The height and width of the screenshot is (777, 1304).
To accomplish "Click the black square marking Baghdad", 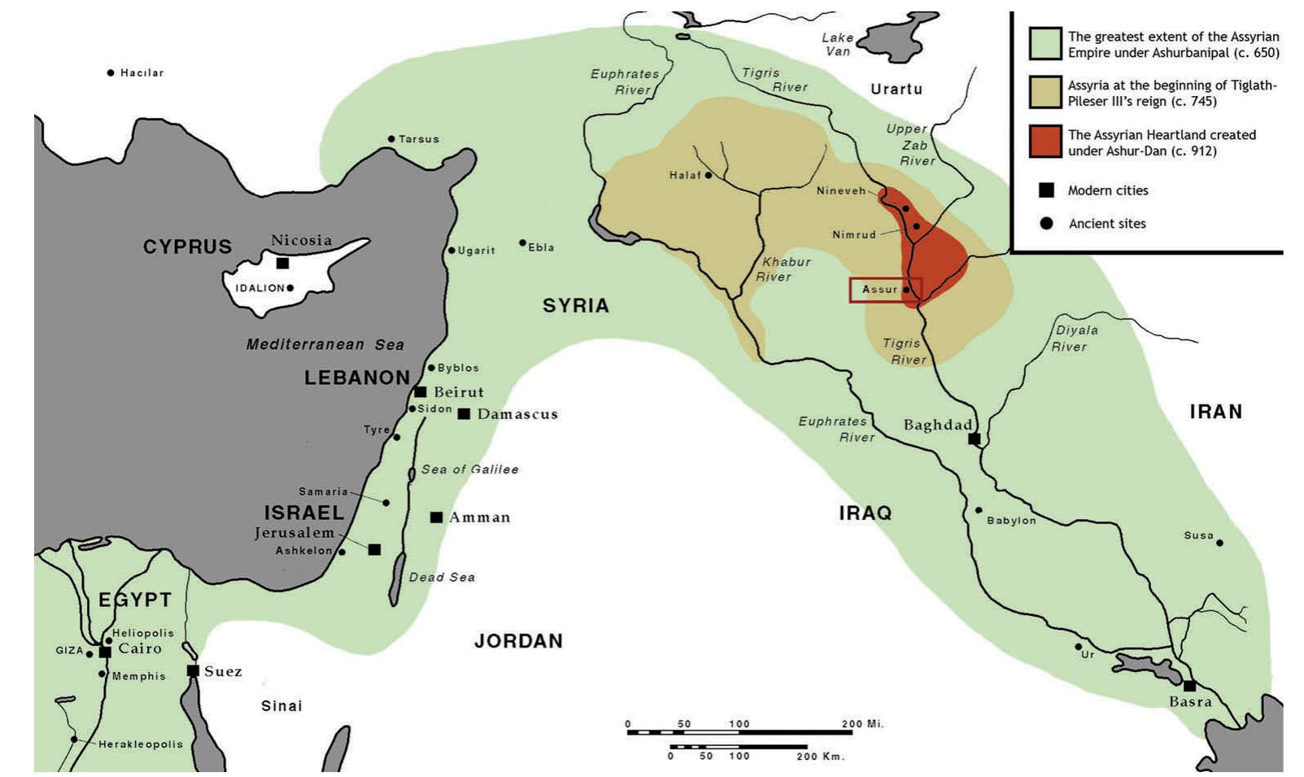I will click(974, 439).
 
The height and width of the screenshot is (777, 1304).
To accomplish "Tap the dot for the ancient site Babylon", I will click(979, 511).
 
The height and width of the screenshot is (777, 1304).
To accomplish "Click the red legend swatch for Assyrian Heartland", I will click(1045, 142).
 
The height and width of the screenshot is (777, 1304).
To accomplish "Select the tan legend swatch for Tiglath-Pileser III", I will click(1045, 93).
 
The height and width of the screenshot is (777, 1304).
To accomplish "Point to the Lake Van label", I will click(837, 44).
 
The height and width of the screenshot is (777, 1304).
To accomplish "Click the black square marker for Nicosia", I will click(282, 264).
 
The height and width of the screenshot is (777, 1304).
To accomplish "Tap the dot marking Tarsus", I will click(391, 139).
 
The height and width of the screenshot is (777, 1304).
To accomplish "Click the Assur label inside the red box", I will click(879, 289).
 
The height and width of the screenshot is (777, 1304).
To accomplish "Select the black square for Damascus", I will click(464, 414).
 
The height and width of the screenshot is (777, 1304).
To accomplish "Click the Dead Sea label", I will click(442, 577).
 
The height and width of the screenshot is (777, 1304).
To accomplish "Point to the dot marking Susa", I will click(1219, 543).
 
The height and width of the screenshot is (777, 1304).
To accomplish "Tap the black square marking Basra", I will click(1189, 686).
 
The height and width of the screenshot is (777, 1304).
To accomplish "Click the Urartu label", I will click(896, 89).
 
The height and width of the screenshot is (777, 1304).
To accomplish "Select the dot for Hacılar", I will click(111, 73).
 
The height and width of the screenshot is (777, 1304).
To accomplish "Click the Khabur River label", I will click(782, 269).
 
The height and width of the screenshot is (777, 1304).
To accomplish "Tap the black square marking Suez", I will click(193, 671).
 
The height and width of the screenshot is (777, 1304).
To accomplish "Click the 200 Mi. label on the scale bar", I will click(862, 723).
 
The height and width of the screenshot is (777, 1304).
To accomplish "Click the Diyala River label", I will click(1075, 338).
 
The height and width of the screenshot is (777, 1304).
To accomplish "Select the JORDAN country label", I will click(518, 641).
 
